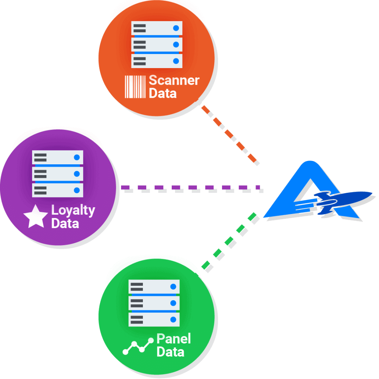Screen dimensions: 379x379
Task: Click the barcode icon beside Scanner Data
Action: pos(135,87)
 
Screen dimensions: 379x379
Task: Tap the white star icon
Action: pos(36,217)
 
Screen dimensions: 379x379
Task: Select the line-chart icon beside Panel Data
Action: pos(138,346)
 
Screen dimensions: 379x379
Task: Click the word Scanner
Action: pos(174,80)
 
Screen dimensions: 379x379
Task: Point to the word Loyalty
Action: pos(73,211)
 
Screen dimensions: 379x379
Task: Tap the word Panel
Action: pos(174,338)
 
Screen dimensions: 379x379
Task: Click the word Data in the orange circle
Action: pos(162,93)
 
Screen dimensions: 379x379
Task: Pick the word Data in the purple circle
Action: pos(65,224)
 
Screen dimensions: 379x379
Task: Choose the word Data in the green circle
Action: pos(170,351)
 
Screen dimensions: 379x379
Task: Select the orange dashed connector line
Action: pos(229,134)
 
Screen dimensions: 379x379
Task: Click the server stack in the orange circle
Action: pos(157,44)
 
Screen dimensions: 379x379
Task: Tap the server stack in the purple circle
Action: pos(58,174)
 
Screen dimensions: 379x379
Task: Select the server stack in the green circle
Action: pos(154,303)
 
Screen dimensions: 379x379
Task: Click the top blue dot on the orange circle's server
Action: pos(176,28)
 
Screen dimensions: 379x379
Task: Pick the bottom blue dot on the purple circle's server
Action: pos(77,190)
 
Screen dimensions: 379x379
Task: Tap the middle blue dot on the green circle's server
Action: pos(173,303)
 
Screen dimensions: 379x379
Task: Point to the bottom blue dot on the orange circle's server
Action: pos(176,61)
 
